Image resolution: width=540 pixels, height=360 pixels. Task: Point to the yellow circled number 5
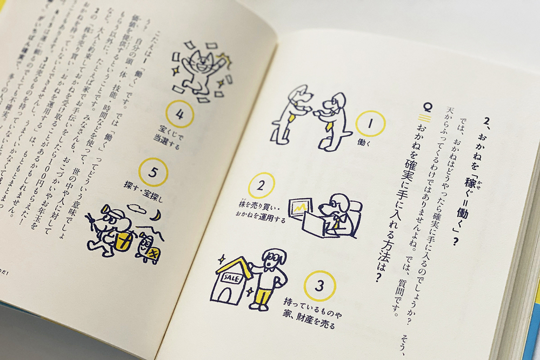click(153, 173)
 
